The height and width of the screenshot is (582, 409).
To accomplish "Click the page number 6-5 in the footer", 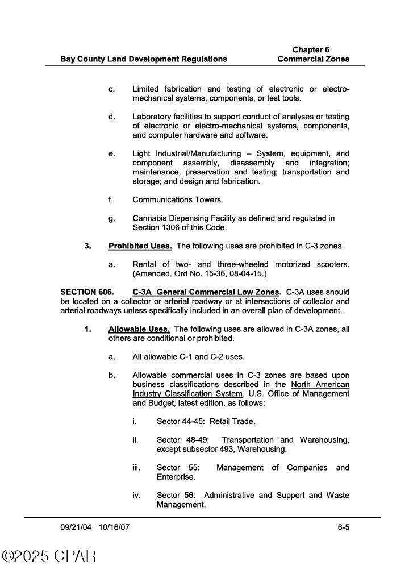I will click(343, 527).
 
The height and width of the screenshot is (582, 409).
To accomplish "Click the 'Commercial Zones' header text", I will click(314, 59).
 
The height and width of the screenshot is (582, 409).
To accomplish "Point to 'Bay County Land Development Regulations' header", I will click(144, 59).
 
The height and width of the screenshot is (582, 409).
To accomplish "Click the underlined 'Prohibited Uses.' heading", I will click(140, 246).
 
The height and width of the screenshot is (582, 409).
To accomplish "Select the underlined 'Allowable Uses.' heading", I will click(139, 329).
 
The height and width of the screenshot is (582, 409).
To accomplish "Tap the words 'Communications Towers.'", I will click(178, 199).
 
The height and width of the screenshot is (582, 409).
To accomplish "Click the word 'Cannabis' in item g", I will click(149, 218).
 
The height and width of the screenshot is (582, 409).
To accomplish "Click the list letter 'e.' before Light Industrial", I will click(112, 154).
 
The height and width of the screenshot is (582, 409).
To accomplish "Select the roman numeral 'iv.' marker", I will click(136, 496).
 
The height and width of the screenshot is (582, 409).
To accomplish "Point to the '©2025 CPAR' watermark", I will click(49, 556).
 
